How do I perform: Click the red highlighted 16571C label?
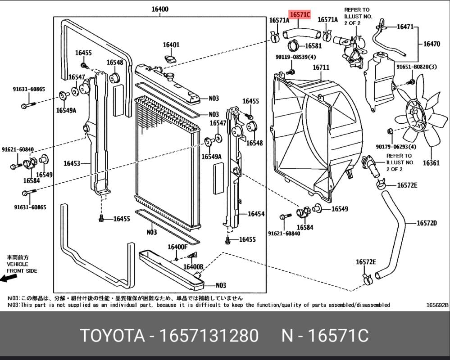(x=300, y=15)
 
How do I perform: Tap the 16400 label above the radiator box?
(x=160, y=9)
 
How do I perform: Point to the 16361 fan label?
(x=431, y=162)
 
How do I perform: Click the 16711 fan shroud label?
(x=321, y=67)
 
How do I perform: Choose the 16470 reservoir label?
(x=432, y=44)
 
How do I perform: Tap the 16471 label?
(x=405, y=27)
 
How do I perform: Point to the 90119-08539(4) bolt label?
(x=296, y=57)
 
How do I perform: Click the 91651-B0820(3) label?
(x=417, y=67)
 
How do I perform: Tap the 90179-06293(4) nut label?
(x=396, y=146)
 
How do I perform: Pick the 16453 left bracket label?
(x=72, y=163)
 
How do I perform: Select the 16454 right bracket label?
(x=256, y=214)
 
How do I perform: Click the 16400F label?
(x=177, y=247)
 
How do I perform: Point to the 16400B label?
(x=193, y=266)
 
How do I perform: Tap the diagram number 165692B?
(x=437, y=305)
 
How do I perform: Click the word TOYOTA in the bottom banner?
(x=112, y=336)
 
